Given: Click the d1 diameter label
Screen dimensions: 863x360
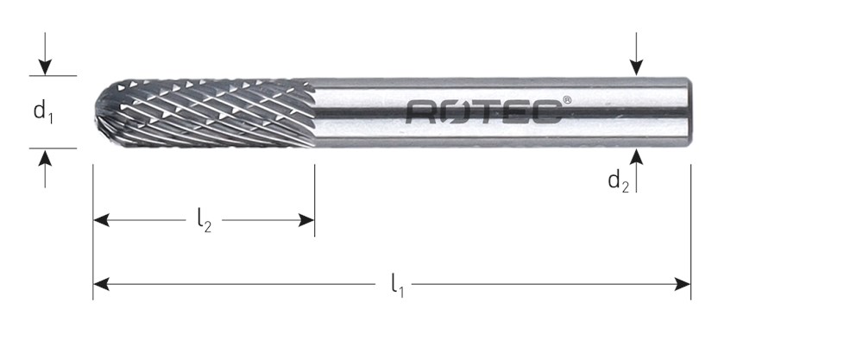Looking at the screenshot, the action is click(43, 111).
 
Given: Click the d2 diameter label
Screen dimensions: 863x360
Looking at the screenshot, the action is click(618, 181).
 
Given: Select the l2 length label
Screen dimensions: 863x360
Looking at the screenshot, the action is click(205, 221).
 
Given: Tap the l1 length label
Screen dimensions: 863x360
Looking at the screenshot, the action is click(397, 286).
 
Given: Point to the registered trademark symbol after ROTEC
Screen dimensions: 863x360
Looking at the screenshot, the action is click(567, 100).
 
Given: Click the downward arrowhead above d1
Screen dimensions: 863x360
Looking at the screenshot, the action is click(45, 67).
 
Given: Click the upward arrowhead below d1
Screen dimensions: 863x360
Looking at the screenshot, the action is click(45, 157).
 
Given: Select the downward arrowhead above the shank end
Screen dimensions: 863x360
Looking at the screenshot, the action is click(636, 67).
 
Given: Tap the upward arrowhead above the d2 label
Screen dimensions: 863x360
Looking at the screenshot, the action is click(636, 157).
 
